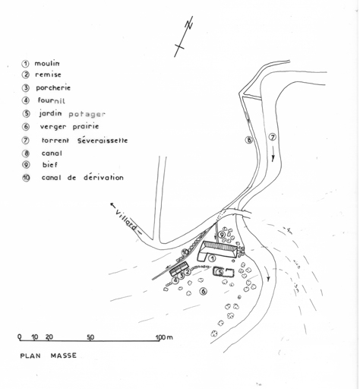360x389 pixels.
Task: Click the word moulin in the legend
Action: [47, 63]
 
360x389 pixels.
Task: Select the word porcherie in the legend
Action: [53, 87]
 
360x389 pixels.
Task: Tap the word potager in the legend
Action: [87, 115]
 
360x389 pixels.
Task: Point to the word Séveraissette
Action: [103, 141]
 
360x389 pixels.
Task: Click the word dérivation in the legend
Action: [103, 177]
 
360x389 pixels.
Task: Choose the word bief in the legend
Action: [50, 165]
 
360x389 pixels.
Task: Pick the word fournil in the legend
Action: [52, 100]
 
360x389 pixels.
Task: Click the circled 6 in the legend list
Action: [26, 126]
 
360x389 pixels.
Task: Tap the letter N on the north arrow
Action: [189, 25]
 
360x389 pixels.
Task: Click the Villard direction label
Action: [126, 220]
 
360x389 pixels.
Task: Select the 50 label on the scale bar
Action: [90, 337]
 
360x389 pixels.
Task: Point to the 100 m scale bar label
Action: [164, 337]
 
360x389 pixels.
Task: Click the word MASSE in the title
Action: [64, 356]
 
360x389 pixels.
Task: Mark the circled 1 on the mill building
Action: [213, 258]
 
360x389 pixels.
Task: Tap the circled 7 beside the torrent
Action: [273, 138]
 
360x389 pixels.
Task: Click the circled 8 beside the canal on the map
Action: [249, 140]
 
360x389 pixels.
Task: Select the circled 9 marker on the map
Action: [222, 235]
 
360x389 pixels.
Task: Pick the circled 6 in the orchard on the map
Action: [204, 291]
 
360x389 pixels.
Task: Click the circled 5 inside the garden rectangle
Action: [220, 272]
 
